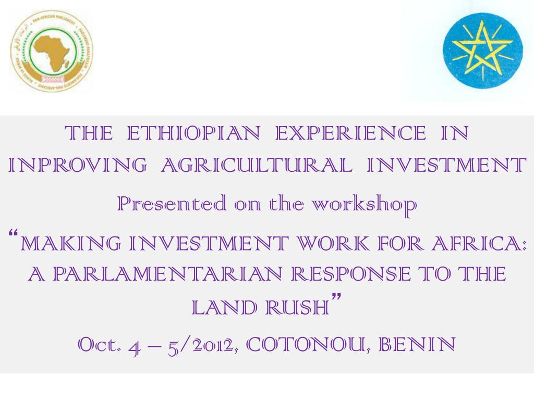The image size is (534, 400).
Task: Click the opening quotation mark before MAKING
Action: click(x=16, y=233)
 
